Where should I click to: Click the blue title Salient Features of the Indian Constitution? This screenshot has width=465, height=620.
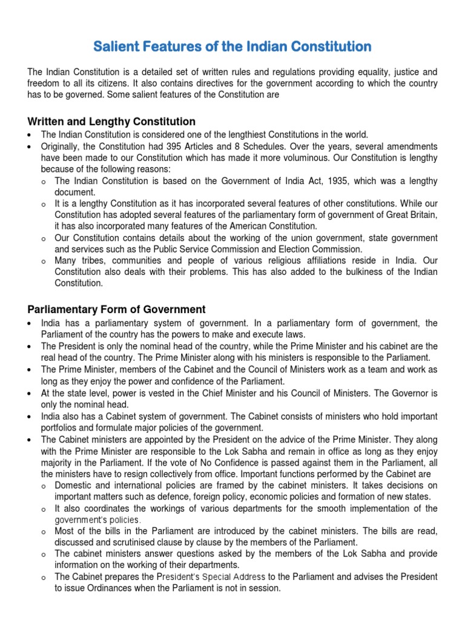point(232,46)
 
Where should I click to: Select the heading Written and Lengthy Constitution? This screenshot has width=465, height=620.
point(111,122)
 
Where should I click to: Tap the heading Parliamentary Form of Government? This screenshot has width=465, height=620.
point(116,309)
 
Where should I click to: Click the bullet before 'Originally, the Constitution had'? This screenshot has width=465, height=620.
point(30,147)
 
